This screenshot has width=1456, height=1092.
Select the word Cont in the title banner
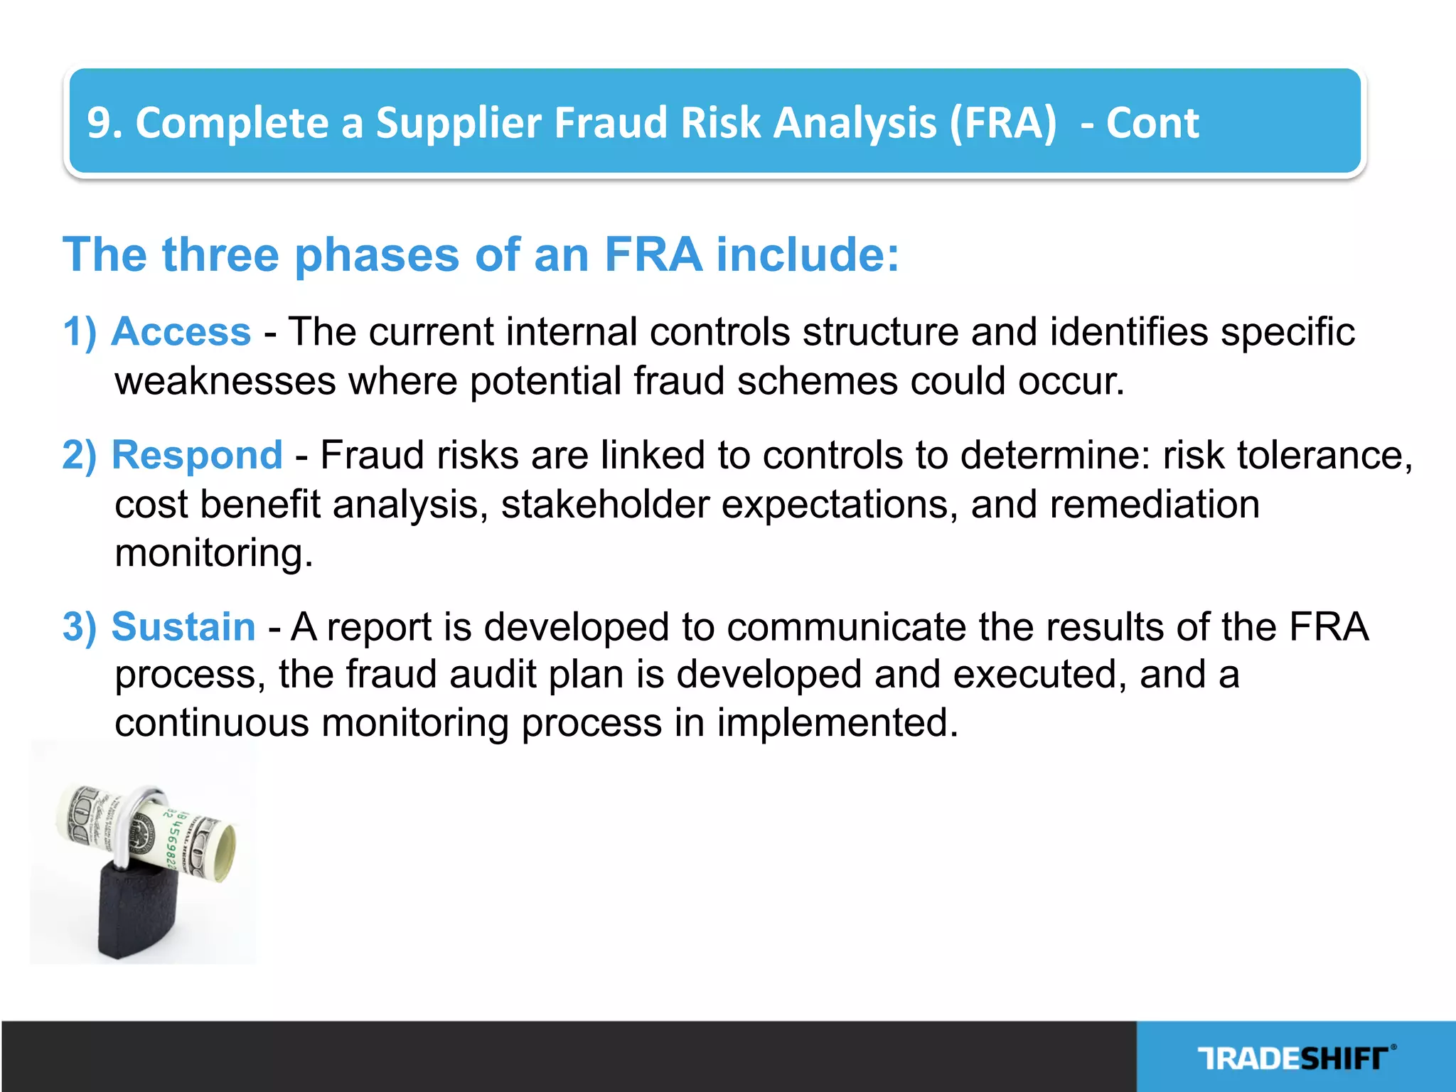[1152, 123]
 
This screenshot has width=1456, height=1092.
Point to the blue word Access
[182, 332]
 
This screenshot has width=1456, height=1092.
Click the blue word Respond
[198, 455]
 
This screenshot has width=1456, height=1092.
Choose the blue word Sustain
[184, 627]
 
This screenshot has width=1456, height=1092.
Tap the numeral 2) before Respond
[79, 455]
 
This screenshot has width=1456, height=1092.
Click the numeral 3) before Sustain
[79, 627]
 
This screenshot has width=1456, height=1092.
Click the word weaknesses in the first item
[225, 381]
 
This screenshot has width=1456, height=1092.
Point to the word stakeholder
[605, 505]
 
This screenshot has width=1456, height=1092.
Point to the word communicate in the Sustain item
[846, 627]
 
